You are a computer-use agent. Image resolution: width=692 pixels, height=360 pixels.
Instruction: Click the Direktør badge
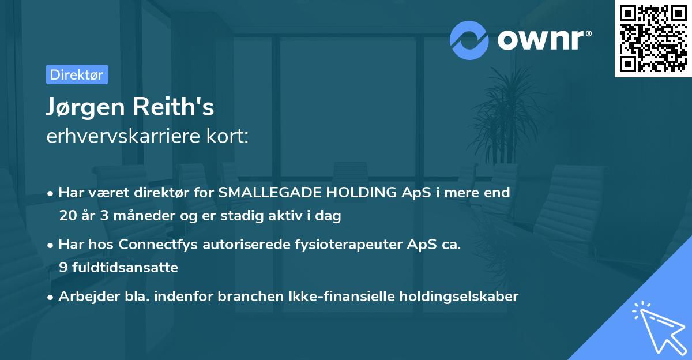(77, 75)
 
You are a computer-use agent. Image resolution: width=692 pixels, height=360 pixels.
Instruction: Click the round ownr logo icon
(469, 40)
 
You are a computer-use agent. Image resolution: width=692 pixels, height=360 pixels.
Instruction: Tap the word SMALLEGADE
(263, 193)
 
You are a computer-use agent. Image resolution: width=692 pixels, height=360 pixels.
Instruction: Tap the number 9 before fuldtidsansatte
(63, 268)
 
